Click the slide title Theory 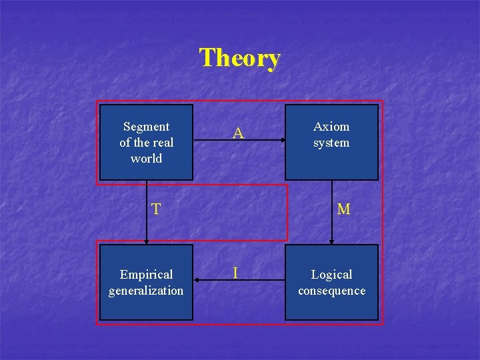click(x=240, y=58)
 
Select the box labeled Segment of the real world click(x=146, y=142)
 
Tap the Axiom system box click(x=331, y=142)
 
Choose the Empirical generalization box click(x=146, y=282)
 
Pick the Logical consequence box click(x=331, y=282)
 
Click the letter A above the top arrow click(x=238, y=134)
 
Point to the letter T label click(x=155, y=209)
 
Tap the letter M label click(x=343, y=209)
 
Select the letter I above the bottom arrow click(x=235, y=273)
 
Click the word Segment click(x=146, y=127)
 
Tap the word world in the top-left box click(x=146, y=159)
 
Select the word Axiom click(x=331, y=127)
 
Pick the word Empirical click(x=146, y=275)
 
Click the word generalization click(x=146, y=291)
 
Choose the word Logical click(x=331, y=275)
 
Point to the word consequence click(x=331, y=291)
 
